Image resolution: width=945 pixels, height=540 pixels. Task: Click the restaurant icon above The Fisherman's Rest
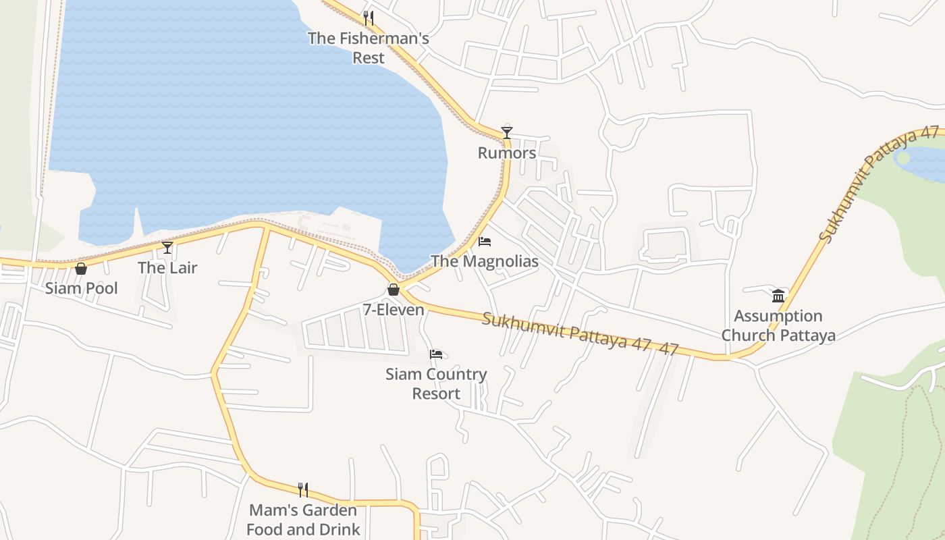[x=369, y=18]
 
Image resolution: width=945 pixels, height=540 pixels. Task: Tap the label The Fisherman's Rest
[x=369, y=48]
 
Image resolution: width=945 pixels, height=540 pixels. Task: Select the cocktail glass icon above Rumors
[x=507, y=132]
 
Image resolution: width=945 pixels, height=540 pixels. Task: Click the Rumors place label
[x=507, y=153]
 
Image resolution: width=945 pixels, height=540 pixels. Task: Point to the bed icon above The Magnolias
[x=485, y=241]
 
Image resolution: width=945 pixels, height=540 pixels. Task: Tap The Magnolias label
[x=485, y=261]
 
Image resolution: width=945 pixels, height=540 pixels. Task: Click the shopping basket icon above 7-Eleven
[x=394, y=290]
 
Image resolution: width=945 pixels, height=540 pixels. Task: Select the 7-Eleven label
[x=394, y=310]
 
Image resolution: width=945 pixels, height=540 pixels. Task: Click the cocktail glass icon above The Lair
[x=167, y=248]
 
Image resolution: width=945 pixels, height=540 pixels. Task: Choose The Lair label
[x=167, y=268]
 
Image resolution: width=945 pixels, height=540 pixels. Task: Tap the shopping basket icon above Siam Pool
[x=81, y=269]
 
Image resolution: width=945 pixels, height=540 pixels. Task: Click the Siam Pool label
[x=81, y=289]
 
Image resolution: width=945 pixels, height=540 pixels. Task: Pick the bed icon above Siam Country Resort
[x=436, y=354]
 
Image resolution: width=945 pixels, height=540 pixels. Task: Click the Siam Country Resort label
[x=436, y=384]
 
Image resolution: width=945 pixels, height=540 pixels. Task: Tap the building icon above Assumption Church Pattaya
[x=778, y=296]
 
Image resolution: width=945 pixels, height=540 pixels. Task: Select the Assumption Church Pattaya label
[x=778, y=326]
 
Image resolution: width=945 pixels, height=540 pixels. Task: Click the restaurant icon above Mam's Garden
[x=303, y=490]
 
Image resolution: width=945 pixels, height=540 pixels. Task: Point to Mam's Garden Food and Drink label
[x=303, y=520]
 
